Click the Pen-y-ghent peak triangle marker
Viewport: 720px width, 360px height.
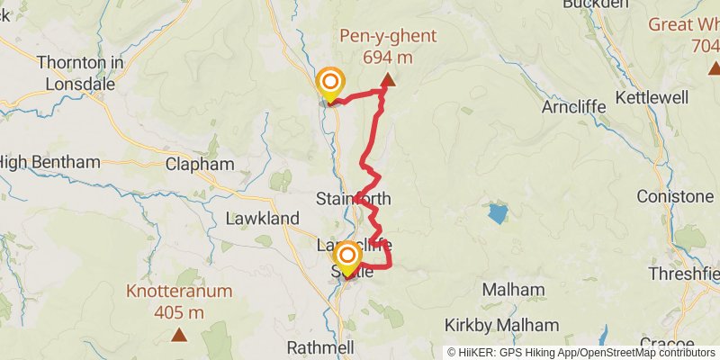388,81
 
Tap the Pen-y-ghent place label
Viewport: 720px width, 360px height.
388,37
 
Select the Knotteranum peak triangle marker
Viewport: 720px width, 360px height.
179,336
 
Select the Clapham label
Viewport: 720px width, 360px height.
200,165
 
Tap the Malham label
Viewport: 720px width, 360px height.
513,290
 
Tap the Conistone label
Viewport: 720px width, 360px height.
675,196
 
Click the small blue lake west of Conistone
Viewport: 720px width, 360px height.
497,214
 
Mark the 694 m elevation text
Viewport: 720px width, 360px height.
388,57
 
